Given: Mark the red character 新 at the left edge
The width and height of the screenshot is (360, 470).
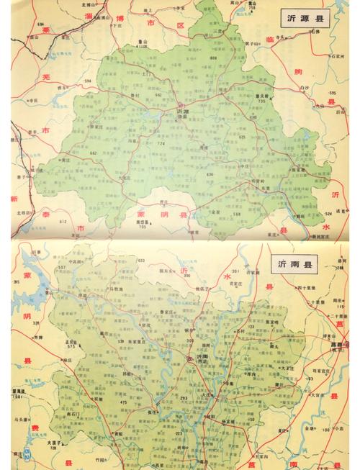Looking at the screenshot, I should [x=13, y=198].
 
